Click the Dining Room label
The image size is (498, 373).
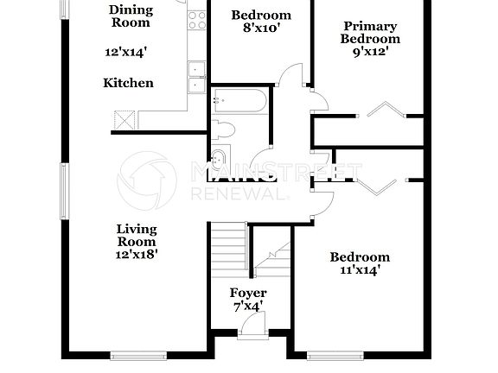pos(130,16)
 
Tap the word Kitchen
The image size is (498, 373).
pos(128,83)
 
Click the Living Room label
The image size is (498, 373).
pos(137,235)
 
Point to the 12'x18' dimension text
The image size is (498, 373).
pos(137,254)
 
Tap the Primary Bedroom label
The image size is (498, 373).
pos(370,33)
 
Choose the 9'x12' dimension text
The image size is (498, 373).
pos(370,50)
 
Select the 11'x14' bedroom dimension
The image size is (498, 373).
pos(359,270)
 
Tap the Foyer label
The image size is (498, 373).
pos(248,294)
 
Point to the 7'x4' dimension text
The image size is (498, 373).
pos(248,307)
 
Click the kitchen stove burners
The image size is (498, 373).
pos(197,18)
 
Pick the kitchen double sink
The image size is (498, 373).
pos(197,77)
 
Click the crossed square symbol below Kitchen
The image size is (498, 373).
pos(125,119)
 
